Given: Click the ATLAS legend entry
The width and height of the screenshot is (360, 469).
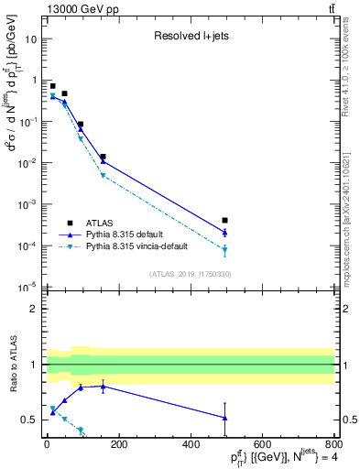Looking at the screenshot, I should coord(99,223).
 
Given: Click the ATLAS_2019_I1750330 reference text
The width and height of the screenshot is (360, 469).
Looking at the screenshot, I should coord(191,274).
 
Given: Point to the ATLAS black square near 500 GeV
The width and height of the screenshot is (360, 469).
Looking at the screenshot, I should coord(225,221).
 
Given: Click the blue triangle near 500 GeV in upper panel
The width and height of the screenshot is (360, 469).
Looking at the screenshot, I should coord(225,232).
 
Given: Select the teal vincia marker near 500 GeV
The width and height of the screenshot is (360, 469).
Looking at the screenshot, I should coord(225,249).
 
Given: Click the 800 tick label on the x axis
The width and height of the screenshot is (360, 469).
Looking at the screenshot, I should coord(333,445).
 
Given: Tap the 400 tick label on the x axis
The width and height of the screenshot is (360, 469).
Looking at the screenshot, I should coord(190,445).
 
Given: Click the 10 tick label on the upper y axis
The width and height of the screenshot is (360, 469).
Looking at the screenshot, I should coord(30,39).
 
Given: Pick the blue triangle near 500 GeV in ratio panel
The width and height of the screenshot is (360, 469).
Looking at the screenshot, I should coord(225,418).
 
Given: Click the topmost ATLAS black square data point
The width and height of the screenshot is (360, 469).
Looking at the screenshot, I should coord(52,85).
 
